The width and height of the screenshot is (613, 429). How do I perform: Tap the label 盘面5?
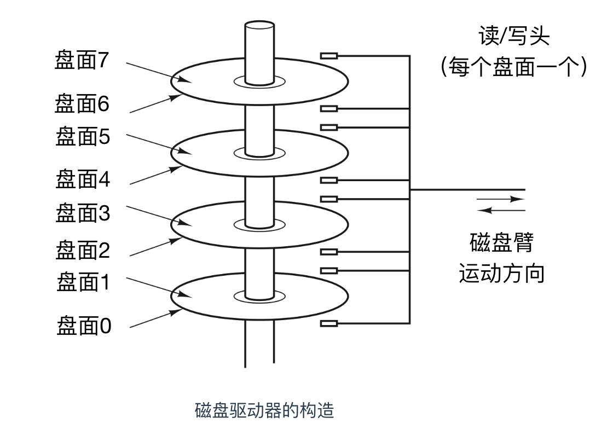(83, 136)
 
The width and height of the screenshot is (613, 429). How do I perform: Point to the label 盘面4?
(83, 179)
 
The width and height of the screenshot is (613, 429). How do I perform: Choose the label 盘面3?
(83, 213)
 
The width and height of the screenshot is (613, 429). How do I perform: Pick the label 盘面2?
(83, 251)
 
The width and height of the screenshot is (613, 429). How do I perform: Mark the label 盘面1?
(83, 283)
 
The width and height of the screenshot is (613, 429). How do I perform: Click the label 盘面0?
(84, 326)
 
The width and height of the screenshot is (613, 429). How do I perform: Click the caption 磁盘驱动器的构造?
(264, 410)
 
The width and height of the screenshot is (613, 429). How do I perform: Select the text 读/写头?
(514, 37)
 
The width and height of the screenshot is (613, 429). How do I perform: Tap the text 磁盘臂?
(501, 242)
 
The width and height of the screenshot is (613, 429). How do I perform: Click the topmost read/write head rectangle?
(329, 55)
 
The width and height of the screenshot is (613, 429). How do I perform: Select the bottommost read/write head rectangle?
(329, 323)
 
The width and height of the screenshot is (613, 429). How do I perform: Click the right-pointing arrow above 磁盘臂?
(501, 200)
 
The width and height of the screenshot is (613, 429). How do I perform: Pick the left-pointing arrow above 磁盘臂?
(501, 210)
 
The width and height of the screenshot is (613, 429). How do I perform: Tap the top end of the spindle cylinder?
(259, 25)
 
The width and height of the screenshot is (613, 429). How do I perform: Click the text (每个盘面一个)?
(514, 68)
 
